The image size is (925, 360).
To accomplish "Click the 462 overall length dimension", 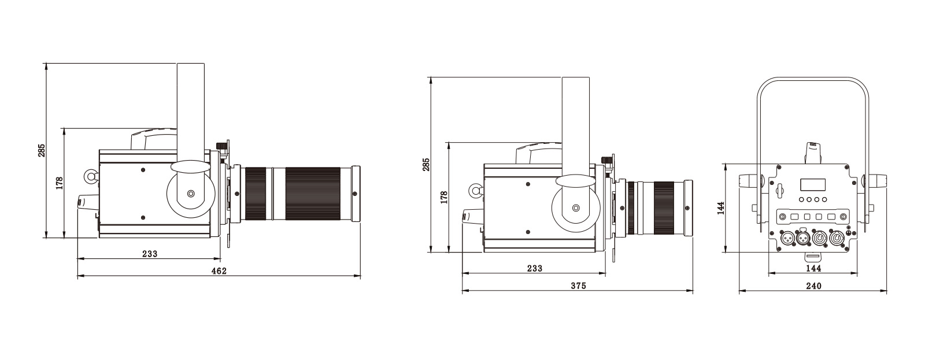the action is [219, 271].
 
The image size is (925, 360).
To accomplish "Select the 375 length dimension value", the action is [578, 285].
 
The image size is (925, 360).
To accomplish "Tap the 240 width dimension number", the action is [813, 285].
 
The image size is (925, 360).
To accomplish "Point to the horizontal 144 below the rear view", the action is [813, 268].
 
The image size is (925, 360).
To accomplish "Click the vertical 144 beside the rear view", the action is [721, 208].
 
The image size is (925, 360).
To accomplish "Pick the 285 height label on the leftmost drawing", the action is [42, 150].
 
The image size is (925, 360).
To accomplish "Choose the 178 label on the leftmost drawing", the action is [60, 183].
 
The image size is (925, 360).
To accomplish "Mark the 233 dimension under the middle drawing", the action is [534, 268].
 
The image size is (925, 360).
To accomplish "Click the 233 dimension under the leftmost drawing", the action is [150, 254].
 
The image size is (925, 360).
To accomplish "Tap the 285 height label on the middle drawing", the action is [426, 164].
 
